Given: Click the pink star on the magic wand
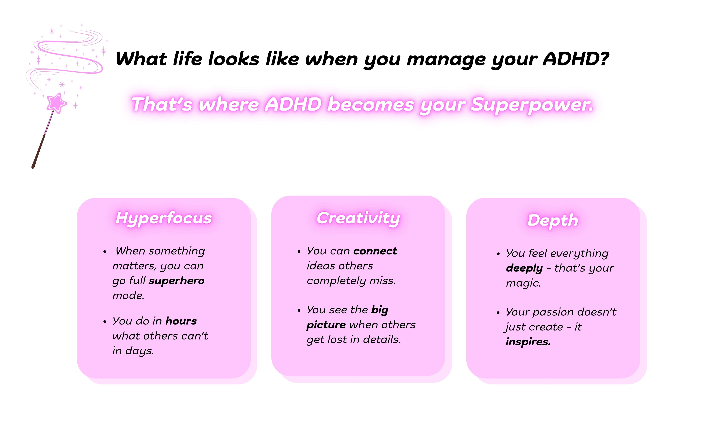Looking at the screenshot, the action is click(x=57, y=103).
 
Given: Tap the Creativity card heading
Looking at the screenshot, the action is click(x=358, y=218).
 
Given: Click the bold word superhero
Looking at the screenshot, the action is click(x=176, y=280).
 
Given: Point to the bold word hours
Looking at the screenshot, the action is click(x=181, y=321).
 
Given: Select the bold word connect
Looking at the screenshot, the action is click(x=375, y=251).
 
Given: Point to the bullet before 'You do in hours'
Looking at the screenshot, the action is click(x=105, y=322).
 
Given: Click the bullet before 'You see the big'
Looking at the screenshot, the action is click(x=299, y=311).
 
